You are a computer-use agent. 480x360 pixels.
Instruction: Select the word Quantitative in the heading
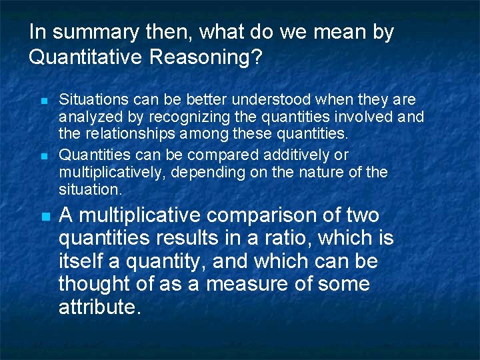[x=86, y=58]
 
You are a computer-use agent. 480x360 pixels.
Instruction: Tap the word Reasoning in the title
[x=206, y=58]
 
